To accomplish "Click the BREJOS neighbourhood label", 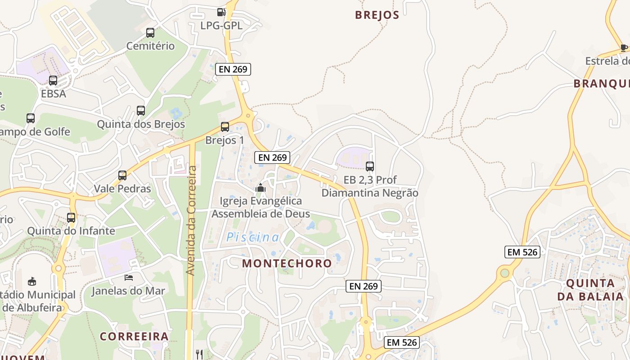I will pos(377,15).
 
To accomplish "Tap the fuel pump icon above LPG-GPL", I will pos(221,12).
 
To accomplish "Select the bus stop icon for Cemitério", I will pos(150,33).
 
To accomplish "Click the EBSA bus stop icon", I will pos(53,81).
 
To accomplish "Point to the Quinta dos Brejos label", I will pos(141,124).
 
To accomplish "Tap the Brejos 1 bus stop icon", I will pos(225,127).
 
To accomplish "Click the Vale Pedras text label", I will pos(122,189).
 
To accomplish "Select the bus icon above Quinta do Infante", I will pos(71,218).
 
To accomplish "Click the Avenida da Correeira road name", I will pos(191,220).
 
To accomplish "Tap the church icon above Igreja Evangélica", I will pos(261,188).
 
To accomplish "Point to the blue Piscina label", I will pos(252,237).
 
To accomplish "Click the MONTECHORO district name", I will pos(287,263).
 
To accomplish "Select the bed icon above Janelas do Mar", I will pos(129,278).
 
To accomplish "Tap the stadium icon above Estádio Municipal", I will pos(32,282).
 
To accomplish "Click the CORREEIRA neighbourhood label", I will pos(134,336).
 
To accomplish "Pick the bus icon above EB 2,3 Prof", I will pos(370,166).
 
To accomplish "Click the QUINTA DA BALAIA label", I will pos(590,289).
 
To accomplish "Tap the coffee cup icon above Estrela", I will pos(624,48).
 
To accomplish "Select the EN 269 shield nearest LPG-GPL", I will pos(233,69).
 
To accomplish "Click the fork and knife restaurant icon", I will pos(199,354).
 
